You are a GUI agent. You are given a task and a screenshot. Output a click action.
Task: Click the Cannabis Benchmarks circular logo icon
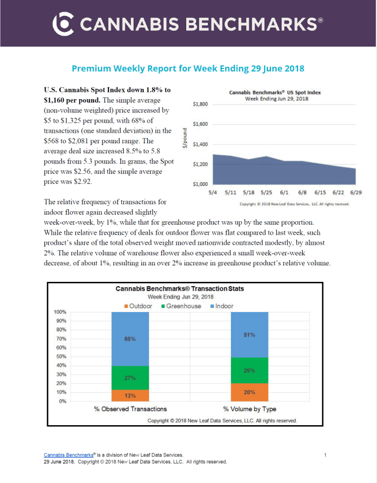click(x=63, y=24)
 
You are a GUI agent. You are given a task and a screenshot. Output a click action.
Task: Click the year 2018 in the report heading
click(x=293, y=68)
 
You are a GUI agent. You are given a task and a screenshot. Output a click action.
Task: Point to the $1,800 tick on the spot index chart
click(x=200, y=104)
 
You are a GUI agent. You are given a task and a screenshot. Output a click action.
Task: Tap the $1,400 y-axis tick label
click(x=200, y=144)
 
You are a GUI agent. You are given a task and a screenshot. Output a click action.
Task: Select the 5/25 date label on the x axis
click(x=266, y=192)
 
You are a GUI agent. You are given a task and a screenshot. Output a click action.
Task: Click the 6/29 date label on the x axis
click(x=356, y=192)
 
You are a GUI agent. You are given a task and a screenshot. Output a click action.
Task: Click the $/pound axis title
click(x=184, y=138)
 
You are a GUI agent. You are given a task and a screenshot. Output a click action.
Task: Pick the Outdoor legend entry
click(x=138, y=306)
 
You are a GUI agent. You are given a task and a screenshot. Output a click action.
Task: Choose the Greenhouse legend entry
click(x=181, y=306)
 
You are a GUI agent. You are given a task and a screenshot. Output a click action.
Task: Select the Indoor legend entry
click(x=222, y=306)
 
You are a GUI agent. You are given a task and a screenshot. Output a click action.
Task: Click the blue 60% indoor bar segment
click(x=130, y=339)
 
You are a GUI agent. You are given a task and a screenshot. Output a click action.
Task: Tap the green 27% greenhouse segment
click(x=130, y=378)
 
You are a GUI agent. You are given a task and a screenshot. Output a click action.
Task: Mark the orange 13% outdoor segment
click(x=130, y=396)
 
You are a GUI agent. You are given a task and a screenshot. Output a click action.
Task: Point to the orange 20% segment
click(x=250, y=392)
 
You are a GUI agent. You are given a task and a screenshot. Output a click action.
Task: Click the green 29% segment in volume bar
click(x=250, y=370)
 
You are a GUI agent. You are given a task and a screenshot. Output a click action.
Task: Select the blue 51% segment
click(x=250, y=335)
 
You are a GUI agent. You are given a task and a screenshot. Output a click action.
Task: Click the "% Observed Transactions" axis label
click(x=131, y=409)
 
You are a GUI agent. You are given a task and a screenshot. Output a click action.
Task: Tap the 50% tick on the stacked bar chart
click(x=61, y=357)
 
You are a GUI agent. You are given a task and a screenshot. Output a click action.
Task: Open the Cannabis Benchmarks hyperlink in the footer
click(x=68, y=455)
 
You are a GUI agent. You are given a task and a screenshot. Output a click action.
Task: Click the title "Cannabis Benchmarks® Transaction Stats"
click(x=180, y=288)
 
